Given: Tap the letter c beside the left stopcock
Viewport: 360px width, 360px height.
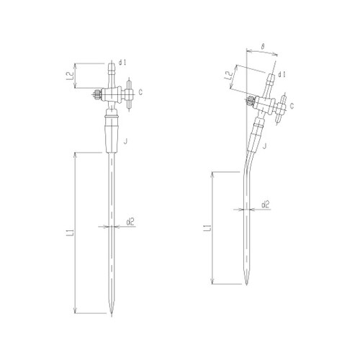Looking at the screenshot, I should point(142,92).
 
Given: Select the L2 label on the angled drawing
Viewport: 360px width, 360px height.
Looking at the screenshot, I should point(228,75).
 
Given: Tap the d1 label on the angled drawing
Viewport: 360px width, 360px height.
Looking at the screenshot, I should point(282,73).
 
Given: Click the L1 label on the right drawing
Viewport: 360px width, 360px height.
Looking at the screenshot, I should point(207,229).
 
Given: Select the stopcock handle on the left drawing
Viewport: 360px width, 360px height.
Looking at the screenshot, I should point(128,93).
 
